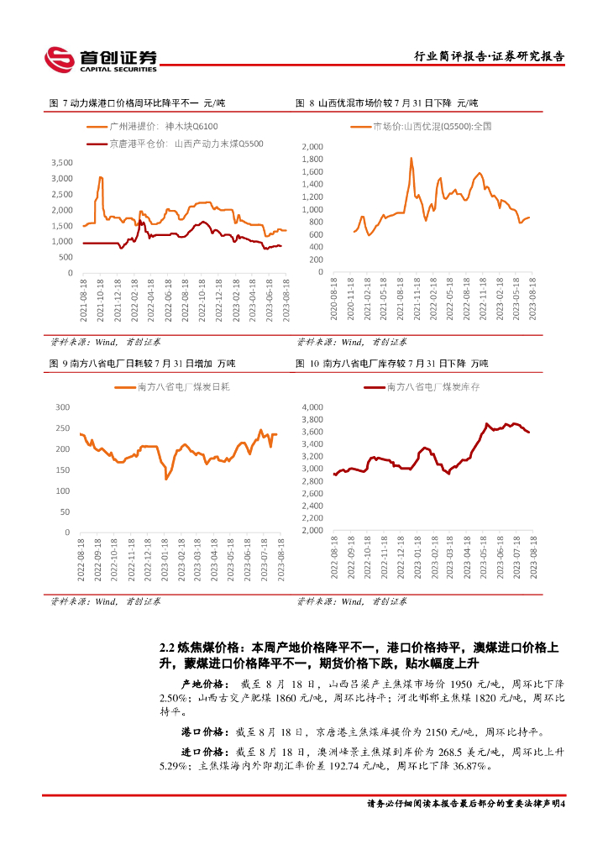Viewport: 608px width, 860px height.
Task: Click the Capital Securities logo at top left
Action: [x=101, y=58]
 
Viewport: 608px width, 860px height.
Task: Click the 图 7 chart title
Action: [x=139, y=103]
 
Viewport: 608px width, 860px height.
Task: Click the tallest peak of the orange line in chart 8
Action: [x=411, y=158]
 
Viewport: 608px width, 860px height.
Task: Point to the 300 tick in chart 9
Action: [x=62, y=406]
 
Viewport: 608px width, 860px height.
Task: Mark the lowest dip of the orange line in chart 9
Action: [x=166, y=479]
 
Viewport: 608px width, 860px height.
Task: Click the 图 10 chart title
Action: [x=391, y=364]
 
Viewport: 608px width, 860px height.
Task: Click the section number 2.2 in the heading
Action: [x=166, y=648]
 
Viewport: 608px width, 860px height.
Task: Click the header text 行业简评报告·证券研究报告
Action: [x=490, y=56]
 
